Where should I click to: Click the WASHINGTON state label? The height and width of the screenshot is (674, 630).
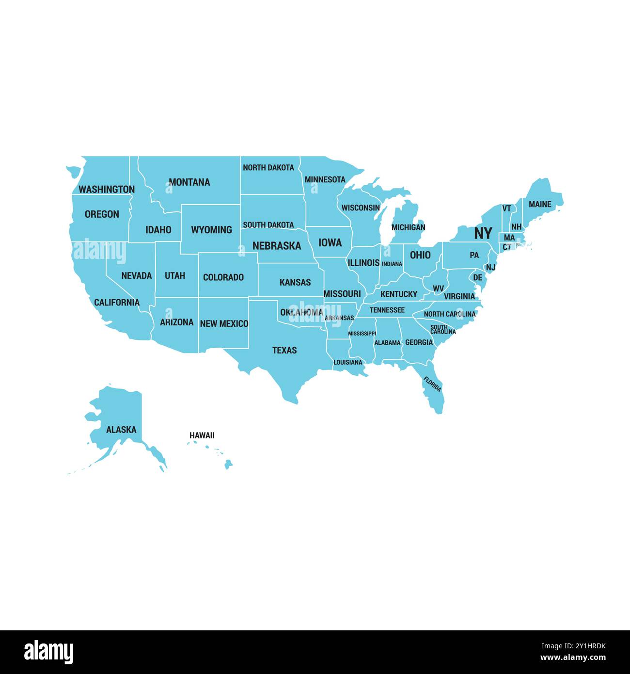tap(107, 189)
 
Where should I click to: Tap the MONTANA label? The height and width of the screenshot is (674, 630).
tap(189, 182)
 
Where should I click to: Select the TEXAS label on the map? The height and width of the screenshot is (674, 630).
tap(284, 350)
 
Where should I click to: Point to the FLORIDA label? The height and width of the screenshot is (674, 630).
tap(432, 385)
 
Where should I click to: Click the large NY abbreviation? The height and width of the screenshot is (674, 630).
tap(483, 233)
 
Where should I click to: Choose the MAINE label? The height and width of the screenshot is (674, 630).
tap(540, 204)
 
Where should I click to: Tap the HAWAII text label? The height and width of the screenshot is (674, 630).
tap(202, 435)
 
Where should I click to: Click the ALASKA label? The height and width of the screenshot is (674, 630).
tap(121, 430)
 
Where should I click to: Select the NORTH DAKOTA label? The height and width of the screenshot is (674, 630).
tap(268, 168)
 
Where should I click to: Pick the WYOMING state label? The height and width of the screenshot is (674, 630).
tap(211, 230)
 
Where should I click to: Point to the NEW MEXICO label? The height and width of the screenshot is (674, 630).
tap(224, 323)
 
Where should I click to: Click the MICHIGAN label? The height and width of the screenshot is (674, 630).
tap(408, 227)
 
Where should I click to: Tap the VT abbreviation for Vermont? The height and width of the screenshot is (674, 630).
tap(506, 209)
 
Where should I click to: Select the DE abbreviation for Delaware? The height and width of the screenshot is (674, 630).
tap(478, 277)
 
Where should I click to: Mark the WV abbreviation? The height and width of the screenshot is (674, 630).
tap(438, 289)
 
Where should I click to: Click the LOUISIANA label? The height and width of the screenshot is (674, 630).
tap(347, 362)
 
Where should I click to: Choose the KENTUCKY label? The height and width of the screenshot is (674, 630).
tap(398, 294)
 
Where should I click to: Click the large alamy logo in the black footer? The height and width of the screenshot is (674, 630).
tap(48, 652)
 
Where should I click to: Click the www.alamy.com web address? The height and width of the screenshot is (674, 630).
tap(573, 658)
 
